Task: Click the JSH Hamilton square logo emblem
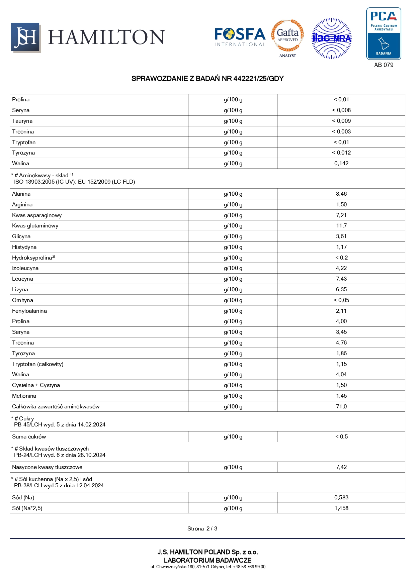click(26, 37)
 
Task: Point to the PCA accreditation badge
click(384, 34)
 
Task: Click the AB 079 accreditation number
click(384, 65)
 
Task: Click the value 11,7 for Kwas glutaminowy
click(341, 226)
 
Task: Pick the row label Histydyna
click(24, 247)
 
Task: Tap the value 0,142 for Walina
click(341, 164)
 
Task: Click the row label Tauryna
click(22, 121)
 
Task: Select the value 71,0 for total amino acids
click(341, 407)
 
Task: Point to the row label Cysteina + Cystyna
click(36, 385)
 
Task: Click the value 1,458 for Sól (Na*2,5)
click(341, 508)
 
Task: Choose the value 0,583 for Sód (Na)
click(341, 498)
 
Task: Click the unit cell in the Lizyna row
click(233, 290)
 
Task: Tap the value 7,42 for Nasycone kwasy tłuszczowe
click(341, 467)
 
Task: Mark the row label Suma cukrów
click(29, 437)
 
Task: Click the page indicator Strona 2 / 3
click(202, 529)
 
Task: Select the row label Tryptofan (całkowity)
click(38, 364)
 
